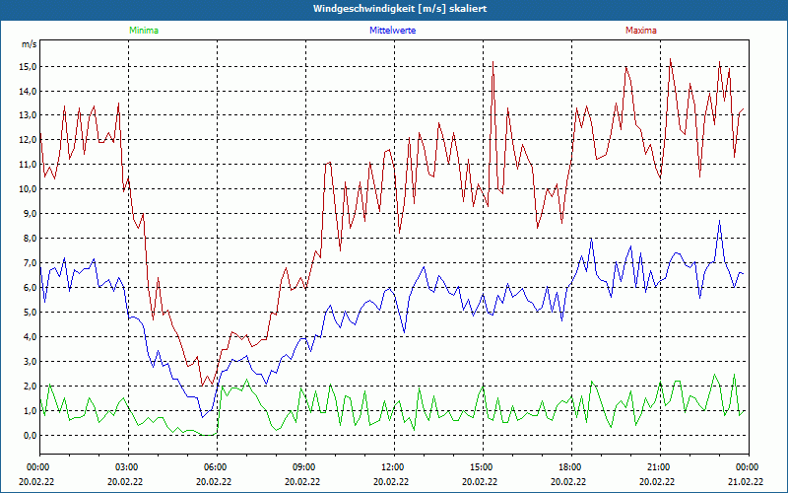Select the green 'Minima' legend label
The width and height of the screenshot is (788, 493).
point(143,31)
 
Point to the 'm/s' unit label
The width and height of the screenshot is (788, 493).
point(29,44)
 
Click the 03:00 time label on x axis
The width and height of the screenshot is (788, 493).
point(128,466)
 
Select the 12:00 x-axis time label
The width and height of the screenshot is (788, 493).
point(393,466)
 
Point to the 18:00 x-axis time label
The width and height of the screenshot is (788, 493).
point(570,466)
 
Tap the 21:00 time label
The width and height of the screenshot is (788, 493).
point(659,466)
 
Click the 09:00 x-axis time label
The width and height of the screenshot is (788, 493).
point(304,466)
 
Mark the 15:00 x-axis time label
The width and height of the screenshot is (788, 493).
point(482,466)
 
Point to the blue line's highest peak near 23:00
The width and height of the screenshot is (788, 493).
point(720,221)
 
